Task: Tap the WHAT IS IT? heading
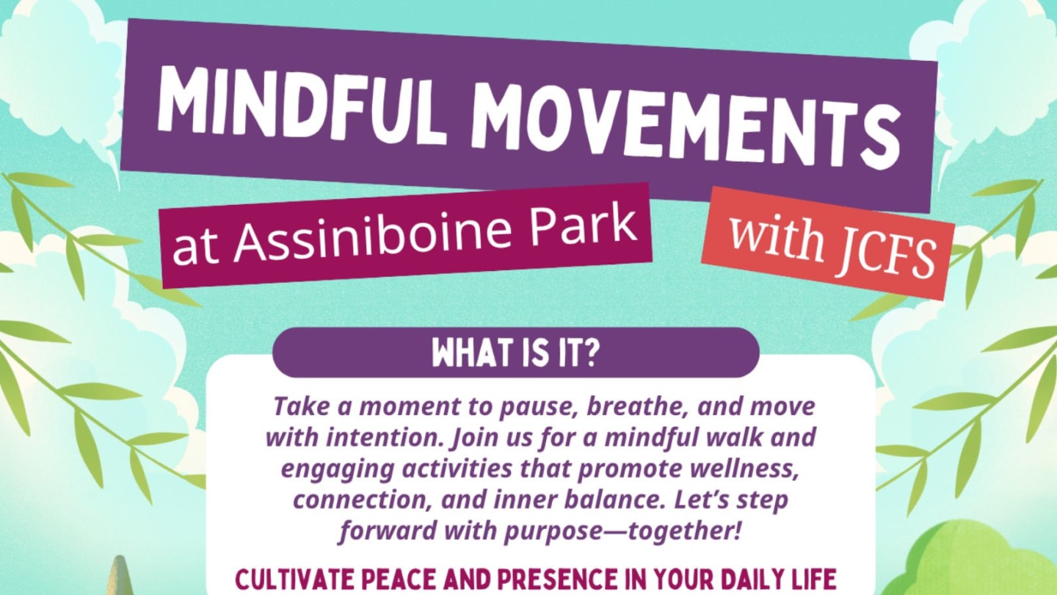click(x=516, y=353)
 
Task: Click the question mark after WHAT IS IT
click(x=593, y=353)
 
